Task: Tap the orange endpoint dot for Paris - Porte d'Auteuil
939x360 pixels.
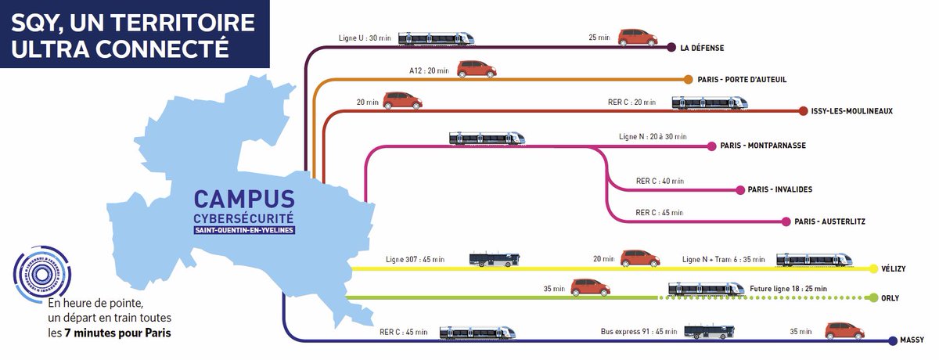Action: click(x=688, y=79)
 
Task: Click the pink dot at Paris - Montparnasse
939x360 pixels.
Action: click(x=711, y=146)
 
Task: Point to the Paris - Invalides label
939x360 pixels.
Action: click(x=779, y=189)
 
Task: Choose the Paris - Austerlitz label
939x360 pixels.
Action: click(x=829, y=221)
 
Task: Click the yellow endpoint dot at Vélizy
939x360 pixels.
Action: click(x=875, y=268)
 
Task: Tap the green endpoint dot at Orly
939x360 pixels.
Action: click(x=874, y=297)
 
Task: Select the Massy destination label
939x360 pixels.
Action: click(x=913, y=340)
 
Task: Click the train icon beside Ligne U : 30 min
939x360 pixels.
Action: click(x=436, y=38)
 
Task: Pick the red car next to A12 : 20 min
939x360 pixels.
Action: click(x=477, y=69)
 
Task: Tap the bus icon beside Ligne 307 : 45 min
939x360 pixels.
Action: click(x=494, y=260)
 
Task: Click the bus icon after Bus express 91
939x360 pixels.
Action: click(x=710, y=332)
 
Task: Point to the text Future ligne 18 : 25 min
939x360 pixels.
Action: click(x=788, y=289)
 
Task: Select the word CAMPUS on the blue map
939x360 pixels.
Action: click(x=244, y=198)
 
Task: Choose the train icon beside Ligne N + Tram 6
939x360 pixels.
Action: click(x=814, y=259)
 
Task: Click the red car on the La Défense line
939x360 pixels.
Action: click(x=637, y=38)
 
